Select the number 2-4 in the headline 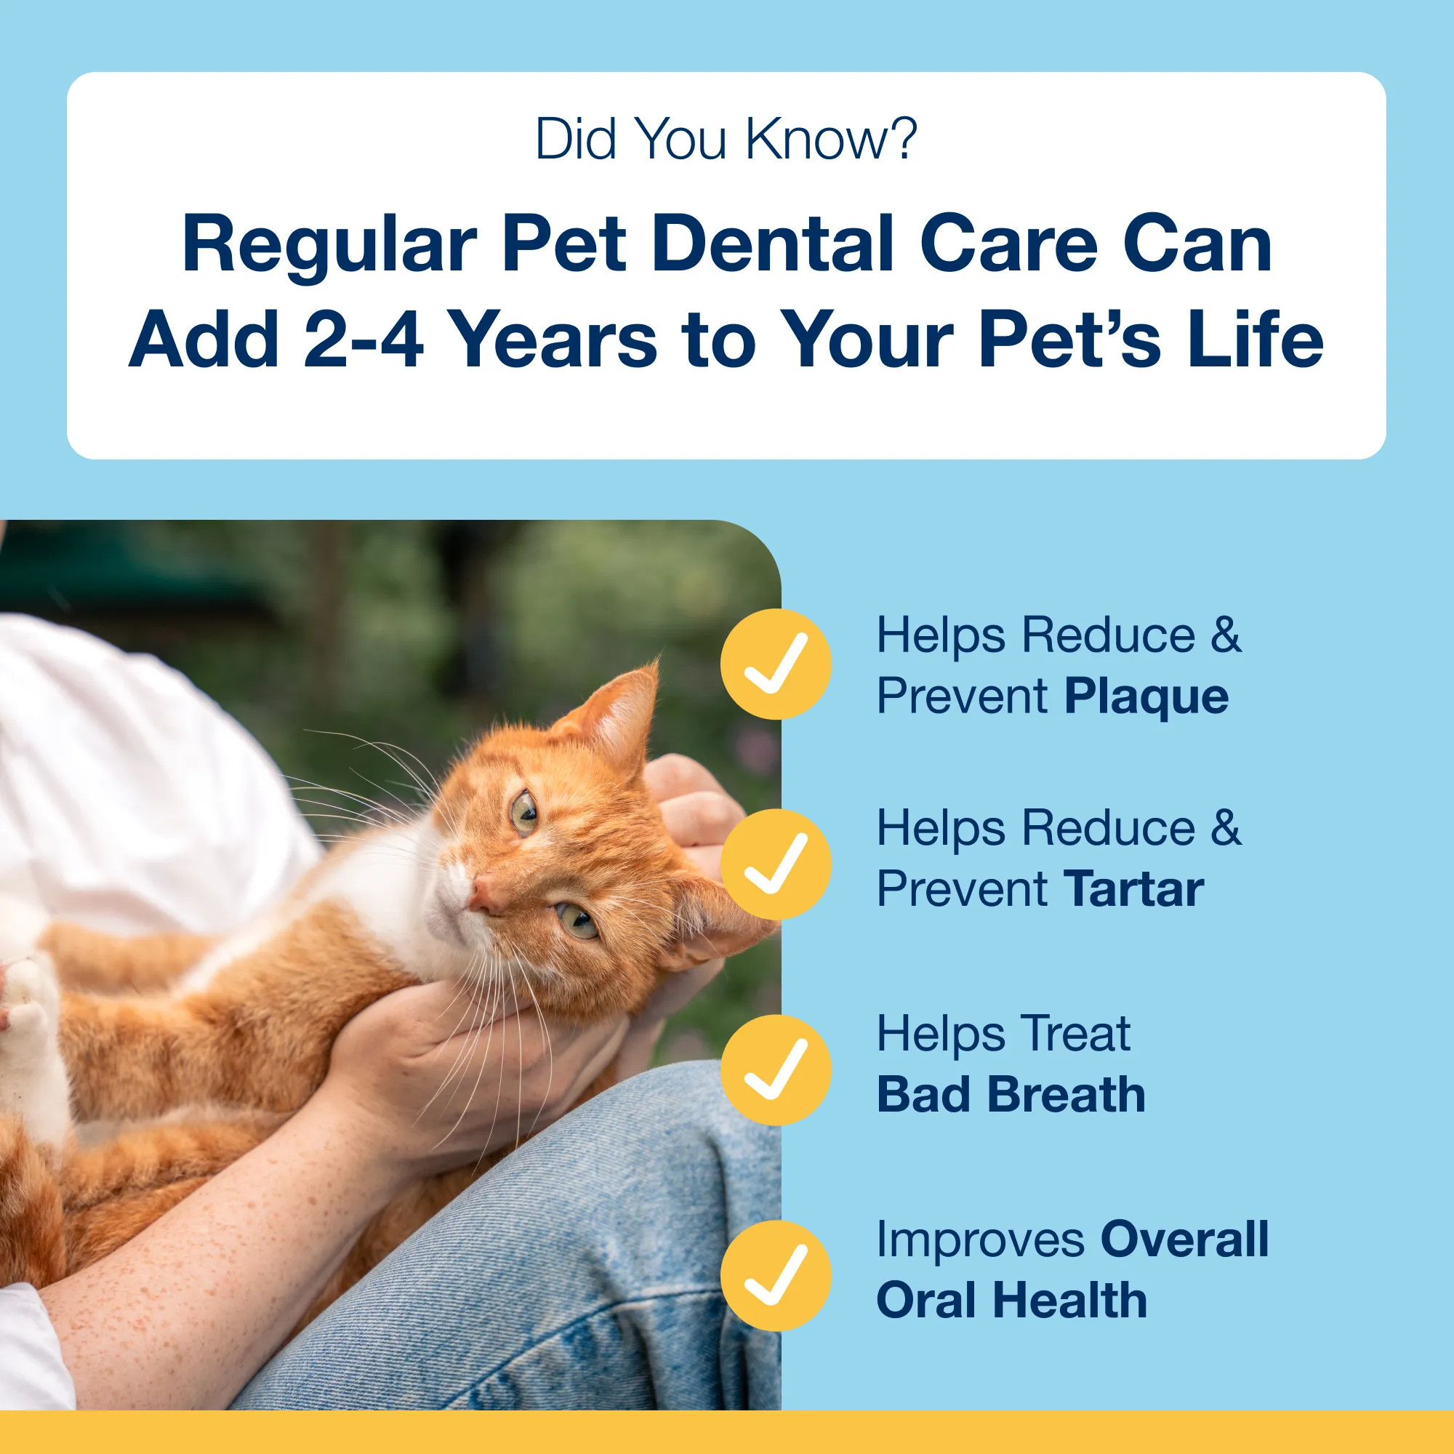(363, 340)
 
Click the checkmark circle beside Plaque (775, 664)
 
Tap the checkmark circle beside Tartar (775, 863)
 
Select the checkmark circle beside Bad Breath (775, 1069)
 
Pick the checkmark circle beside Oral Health (775, 1276)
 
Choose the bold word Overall (1184, 1240)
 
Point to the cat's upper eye (525, 813)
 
